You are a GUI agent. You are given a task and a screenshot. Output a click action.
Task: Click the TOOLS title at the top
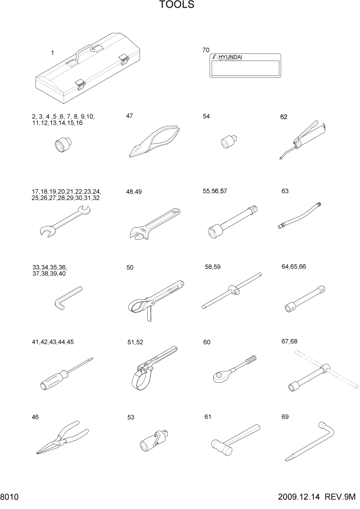pos(176,5)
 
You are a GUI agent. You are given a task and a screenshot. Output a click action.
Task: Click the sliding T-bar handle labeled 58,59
pos(232,292)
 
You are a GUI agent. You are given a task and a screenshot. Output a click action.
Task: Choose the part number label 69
pos(285,417)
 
